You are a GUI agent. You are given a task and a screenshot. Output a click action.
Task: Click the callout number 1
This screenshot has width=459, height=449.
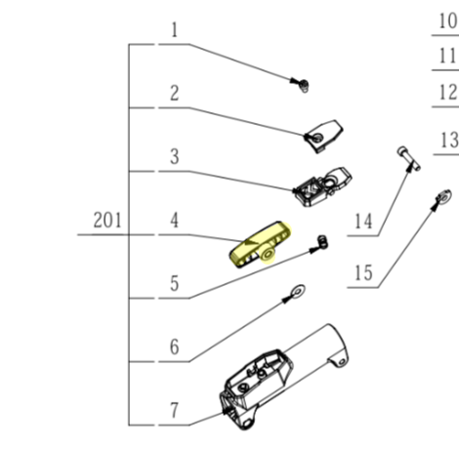(x=175, y=30)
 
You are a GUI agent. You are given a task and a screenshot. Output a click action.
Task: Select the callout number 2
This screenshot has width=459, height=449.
(x=174, y=94)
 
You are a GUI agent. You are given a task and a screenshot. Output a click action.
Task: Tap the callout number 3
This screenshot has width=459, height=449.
(x=174, y=156)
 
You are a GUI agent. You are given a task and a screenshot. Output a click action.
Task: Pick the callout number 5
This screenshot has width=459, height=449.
(x=174, y=284)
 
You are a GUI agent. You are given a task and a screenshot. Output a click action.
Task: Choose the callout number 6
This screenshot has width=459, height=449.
(x=174, y=347)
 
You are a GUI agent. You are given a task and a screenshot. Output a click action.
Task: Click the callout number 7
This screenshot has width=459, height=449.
(x=174, y=410)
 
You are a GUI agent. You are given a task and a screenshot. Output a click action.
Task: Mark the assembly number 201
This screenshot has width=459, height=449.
(x=107, y=221)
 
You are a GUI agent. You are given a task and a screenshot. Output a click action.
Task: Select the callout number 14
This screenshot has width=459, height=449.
(x=363, y=223)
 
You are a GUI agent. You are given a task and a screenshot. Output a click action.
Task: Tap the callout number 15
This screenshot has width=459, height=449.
(x=363, y=272)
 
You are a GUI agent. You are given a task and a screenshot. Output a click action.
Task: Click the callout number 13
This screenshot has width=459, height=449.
(x=448, y=142)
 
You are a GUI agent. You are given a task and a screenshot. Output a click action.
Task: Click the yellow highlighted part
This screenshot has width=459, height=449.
(x=259, y=244)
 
